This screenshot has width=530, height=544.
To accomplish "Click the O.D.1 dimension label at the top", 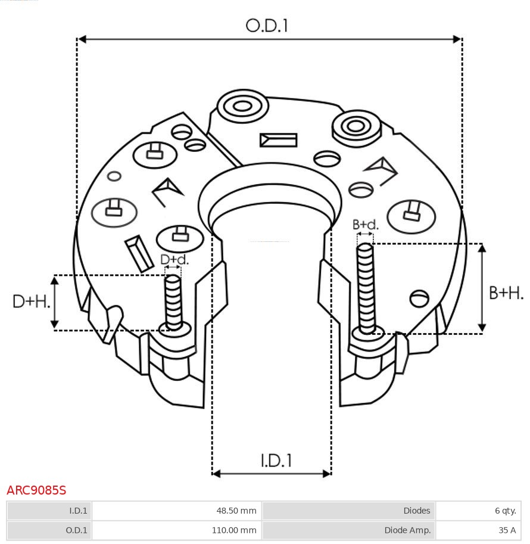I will [x=267, y=26].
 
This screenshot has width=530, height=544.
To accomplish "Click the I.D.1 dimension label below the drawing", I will [x=276, y=461].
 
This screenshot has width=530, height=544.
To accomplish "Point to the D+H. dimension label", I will [x=30, y=301].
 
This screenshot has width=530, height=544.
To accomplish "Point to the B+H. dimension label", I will [x=506, y=293].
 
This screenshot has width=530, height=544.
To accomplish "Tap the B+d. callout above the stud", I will [x=365, y=225].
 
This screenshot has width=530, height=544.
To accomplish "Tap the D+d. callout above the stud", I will [x=174, y=259].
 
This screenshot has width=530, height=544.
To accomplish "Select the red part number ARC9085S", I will [x=36, y=490].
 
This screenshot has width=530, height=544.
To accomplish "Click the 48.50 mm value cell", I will [x=236, y=511].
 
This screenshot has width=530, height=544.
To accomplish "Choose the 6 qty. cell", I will [x=504, y=511].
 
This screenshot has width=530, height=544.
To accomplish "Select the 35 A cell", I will [x=507, y=530].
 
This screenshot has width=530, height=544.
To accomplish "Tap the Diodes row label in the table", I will [x=416, y=511].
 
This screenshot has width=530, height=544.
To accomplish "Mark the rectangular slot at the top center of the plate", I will [x=278, y=140].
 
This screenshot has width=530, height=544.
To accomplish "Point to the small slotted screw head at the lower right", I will [x=420, y=298].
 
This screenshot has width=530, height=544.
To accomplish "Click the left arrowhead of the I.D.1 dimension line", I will [x=216, y=474].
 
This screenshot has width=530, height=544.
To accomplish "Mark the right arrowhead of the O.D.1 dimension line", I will [x=457, y=39].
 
